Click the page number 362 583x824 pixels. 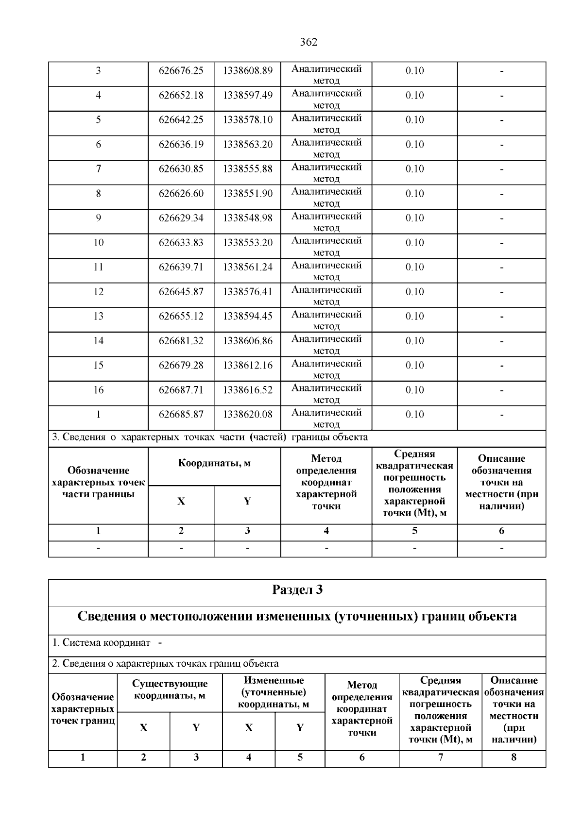pos(309,42)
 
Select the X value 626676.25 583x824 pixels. pos(181,71)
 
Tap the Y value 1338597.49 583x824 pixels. pos(248,96)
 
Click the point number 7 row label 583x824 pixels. pos(98,169)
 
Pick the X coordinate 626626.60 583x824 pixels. pos(181,194)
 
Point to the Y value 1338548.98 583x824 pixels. pos(248,218)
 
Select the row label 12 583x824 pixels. pos(98,292)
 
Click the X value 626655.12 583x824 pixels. pos(181,317)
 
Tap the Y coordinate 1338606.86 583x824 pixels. pos(248,341)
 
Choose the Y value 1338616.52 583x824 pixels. pos(248,390)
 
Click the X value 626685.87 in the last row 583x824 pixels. pos(181,415)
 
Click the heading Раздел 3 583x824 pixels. pos(297,590)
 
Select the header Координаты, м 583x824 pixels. pos(214,463)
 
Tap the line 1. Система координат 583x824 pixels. pos(107,643)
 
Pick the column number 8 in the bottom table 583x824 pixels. pos(514,757)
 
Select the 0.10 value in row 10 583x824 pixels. pos(414,243)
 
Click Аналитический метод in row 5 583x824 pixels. pos(326,124)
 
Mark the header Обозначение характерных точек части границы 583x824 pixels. pos(98,482)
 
